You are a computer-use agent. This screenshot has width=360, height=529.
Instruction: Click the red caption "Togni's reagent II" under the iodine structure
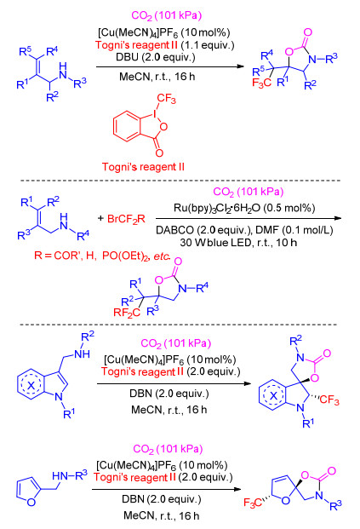(x=143, y=167)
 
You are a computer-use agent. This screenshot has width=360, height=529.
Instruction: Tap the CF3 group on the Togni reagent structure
(x=166, y=99)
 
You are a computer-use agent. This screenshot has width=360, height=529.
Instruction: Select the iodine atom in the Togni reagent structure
(x=154, y=114)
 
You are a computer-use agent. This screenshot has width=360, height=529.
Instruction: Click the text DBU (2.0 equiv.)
(x=156, y=57)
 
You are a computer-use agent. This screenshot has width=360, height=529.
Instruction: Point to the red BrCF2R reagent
(x=126, y=219)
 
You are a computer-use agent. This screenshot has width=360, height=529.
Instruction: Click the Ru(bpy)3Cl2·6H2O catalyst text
(x=244, y=208)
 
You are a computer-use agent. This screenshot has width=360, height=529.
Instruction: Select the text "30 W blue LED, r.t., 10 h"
(x=238, y=242)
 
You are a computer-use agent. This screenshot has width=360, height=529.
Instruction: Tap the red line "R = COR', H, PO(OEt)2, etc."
(x=102, y=256)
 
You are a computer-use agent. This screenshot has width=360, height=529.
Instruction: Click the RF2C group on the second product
(x=127, y=313)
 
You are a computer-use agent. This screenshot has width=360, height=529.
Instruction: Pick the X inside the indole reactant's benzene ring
(x=31, y=385)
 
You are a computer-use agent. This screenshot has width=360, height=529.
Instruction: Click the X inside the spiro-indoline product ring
(x=273, y=395)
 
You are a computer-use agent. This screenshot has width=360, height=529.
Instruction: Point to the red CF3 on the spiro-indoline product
(x=329, y=400)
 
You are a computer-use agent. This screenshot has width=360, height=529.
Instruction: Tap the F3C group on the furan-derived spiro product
(x=253, y=503)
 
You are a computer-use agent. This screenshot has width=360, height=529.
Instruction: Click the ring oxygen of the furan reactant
(x=31, y=502)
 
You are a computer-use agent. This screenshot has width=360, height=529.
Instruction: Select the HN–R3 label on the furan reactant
(x=70, y=475)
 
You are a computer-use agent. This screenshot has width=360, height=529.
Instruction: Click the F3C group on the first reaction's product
(x=261, y=83)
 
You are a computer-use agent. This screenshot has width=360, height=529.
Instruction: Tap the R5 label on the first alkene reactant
(x=26, y=51)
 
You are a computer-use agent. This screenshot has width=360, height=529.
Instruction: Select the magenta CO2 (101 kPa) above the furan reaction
(x=168, y=449)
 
